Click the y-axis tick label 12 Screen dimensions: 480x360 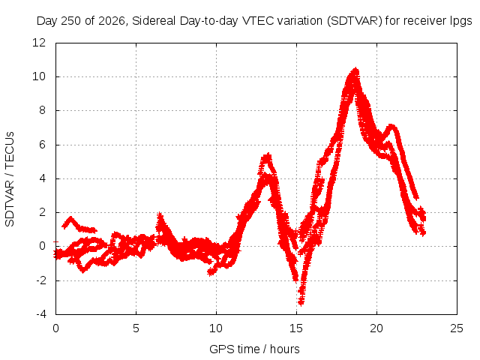tap(39, 43)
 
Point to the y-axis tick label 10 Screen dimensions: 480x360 tap(39, 76)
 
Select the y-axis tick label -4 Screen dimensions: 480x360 tap(40, 314)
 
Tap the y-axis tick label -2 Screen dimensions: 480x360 tap(40, 280)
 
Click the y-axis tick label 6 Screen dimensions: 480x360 tap(42, 145)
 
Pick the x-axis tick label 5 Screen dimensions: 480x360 tap(136, 328)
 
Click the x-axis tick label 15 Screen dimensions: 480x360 tap(296, 328)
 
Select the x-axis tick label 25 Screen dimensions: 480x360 tap(457, 328)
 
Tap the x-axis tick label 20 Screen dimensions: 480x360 tap(376, 328)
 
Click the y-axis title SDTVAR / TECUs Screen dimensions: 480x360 tap(10, 179)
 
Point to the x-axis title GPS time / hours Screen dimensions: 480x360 tap(254, 349)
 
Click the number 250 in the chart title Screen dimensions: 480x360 tap(71, 21)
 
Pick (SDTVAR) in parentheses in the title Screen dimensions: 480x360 tap(355, 21)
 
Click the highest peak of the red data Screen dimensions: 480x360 tap(355, 69)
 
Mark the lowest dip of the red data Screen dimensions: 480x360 tap(301, 303)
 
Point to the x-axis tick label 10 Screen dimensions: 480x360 tap(216, 328)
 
